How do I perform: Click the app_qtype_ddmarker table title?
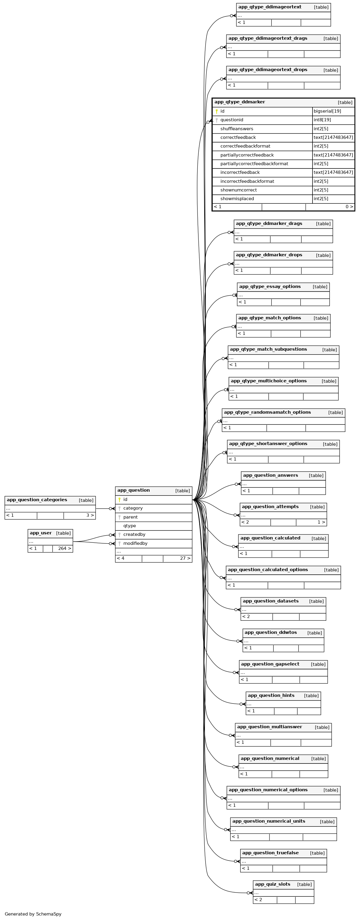click(x=239, y=102)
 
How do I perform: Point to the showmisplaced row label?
click(x=237, y=199)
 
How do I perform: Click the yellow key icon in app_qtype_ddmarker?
click(x=216, y=111)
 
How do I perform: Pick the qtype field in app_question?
click(x=129, y=526)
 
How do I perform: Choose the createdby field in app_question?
click(x=134, y=535)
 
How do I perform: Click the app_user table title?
click(x=41, y=533)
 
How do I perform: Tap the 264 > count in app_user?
click(x=64, y=549)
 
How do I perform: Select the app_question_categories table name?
click(x=37, y=500)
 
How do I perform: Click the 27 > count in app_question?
click(x=185, y=559)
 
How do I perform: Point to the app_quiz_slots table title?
click(x=272, y=884)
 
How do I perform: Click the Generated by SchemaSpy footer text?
click(x=33, y=914)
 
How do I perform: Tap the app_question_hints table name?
click(x=271, y=696)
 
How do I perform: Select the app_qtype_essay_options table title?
click(x=270, y=287)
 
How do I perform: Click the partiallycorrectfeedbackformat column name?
click(x=254, y=164)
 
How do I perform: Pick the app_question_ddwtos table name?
click(x=270, y=633)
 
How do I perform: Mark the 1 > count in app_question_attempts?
click(x=321, y=522)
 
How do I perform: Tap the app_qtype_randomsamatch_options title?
click(x=267, y=413)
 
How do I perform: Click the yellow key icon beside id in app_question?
click(x=119, y=500)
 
